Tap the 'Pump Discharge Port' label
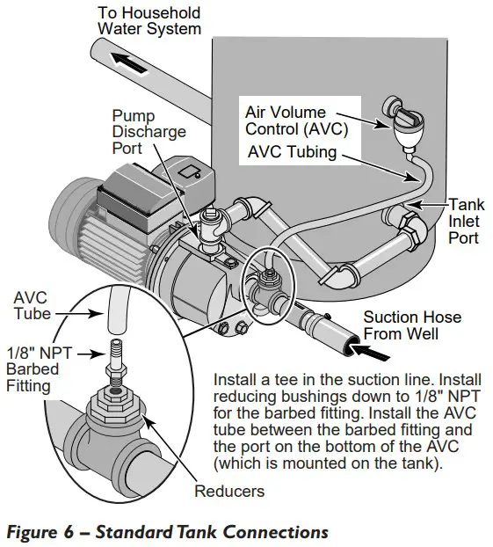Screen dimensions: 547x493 pos(149,132)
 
